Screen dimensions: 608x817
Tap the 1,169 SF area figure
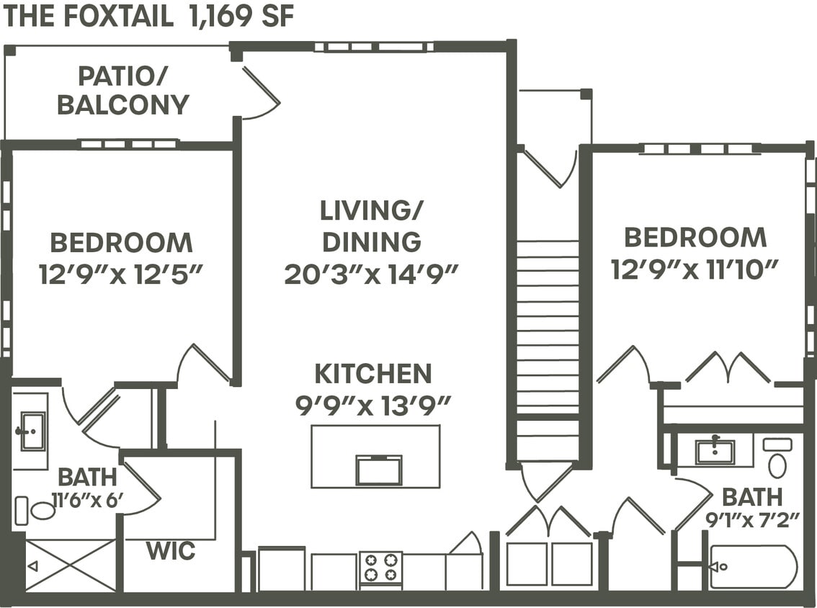point(241,16)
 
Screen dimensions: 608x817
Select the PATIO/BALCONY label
point(122,90)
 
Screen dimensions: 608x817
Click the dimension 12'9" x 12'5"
point(121,273)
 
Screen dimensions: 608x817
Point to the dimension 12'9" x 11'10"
point(695,269)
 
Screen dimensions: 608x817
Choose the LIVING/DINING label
point(372,226)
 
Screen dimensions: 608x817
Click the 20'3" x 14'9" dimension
point(372,274)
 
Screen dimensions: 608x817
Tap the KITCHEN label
point(373,374)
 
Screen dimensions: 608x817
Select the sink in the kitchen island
point(379,470)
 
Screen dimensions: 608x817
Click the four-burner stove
point(380,566)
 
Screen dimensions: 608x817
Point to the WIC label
point(171,552)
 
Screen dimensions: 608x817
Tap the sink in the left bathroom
point(32,431)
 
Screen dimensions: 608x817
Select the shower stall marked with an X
point(71,565)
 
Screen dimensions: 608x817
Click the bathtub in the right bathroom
point(753,566)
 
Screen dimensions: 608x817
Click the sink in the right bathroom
point(715,452)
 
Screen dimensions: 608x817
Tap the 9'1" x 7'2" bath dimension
point(752,519)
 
